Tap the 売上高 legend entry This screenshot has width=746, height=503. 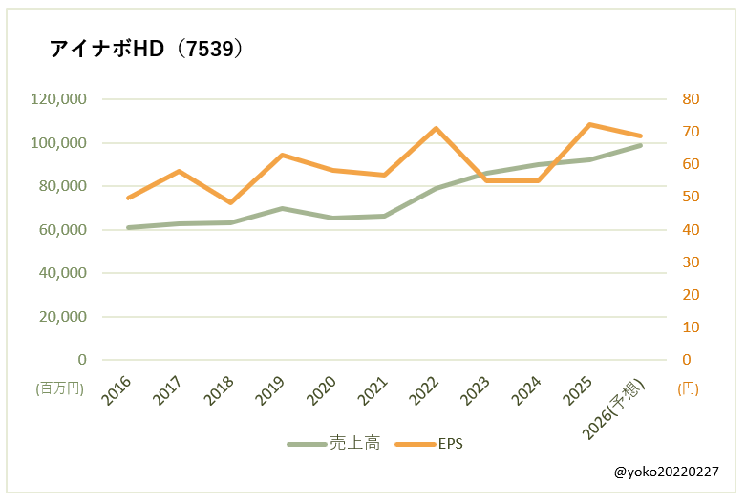tap(333, 443)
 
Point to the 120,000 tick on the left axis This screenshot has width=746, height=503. tap(59, 99)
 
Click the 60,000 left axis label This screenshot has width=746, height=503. tap(63, 230)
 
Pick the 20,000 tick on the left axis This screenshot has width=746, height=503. tap(63, 317)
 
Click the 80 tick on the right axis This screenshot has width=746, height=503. tap(691, 99)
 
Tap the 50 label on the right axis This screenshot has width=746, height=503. tap(691, 198)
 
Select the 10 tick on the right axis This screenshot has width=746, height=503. tap(691, 327)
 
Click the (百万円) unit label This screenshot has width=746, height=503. tap(59, 388)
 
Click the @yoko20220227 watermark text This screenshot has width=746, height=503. tap(666, 472)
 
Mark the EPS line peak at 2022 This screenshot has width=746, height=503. tap(436, 128)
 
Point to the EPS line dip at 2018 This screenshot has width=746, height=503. tap(230, 202)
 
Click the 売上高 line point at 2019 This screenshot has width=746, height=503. tap(282, 208)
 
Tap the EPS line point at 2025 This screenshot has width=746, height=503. tap(589, 124)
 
